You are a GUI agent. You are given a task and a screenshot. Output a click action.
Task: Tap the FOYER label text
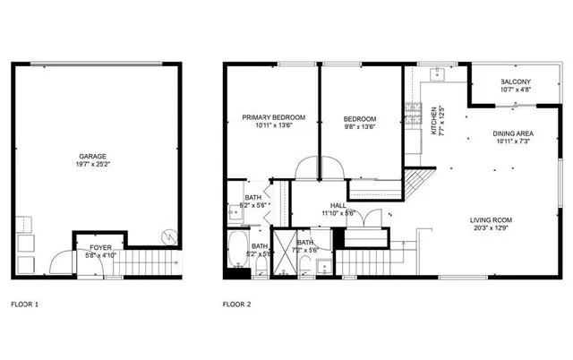pos(88,246)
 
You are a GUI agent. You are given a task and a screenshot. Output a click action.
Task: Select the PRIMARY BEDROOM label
pos(274,117)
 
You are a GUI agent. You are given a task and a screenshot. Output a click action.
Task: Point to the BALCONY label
pos(516,81)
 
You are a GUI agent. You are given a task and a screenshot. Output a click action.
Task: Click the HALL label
pos(337,205)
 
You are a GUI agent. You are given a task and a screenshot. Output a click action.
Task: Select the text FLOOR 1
pos(24,304)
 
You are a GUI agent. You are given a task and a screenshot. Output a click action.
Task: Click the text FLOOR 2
pos(236,304)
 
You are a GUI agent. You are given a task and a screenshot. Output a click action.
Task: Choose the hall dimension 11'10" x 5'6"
pos(338,213)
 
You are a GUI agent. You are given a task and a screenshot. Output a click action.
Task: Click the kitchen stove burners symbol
pos(413,112)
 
